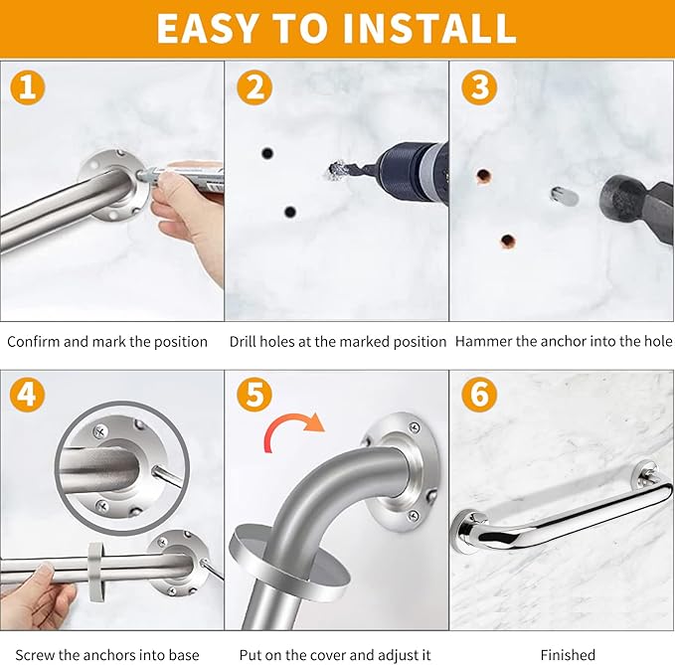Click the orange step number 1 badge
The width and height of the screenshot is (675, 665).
click(28, 87)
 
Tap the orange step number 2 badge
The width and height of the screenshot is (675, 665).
click(253, 87)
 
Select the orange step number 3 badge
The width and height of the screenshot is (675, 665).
click(479, 87)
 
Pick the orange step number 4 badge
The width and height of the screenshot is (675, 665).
click(28, 396)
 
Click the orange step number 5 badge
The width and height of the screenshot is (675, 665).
click(253, 396)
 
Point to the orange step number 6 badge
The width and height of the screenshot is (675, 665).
click(479, 396)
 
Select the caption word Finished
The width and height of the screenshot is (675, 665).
click(568, 654)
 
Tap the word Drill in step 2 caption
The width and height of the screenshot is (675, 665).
click(246, 341)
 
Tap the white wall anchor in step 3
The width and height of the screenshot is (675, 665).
click(564, 195)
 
